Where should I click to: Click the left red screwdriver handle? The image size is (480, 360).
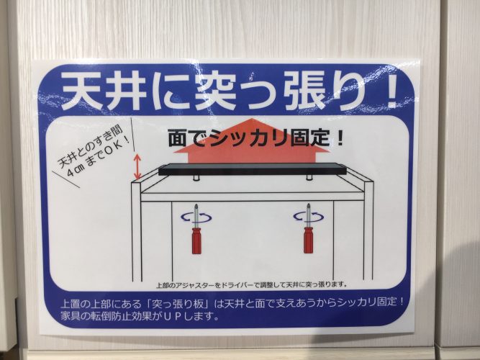coord(196,240)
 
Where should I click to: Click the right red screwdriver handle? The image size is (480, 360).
coord(308,240)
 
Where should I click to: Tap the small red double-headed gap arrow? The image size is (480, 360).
coord(137,166)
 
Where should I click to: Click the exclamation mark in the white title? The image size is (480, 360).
coord(392,91)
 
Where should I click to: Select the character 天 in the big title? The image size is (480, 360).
coord(81,91)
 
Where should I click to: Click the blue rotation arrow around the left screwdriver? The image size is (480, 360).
coord(196,217)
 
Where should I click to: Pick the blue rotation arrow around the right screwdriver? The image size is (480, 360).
coord(308,217)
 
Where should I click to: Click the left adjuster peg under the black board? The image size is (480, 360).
coord(196,178)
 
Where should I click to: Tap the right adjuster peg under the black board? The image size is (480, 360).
coord(309,177)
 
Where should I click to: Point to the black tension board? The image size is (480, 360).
coord(253,169)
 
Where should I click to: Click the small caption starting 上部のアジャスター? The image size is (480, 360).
coord(252,285)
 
